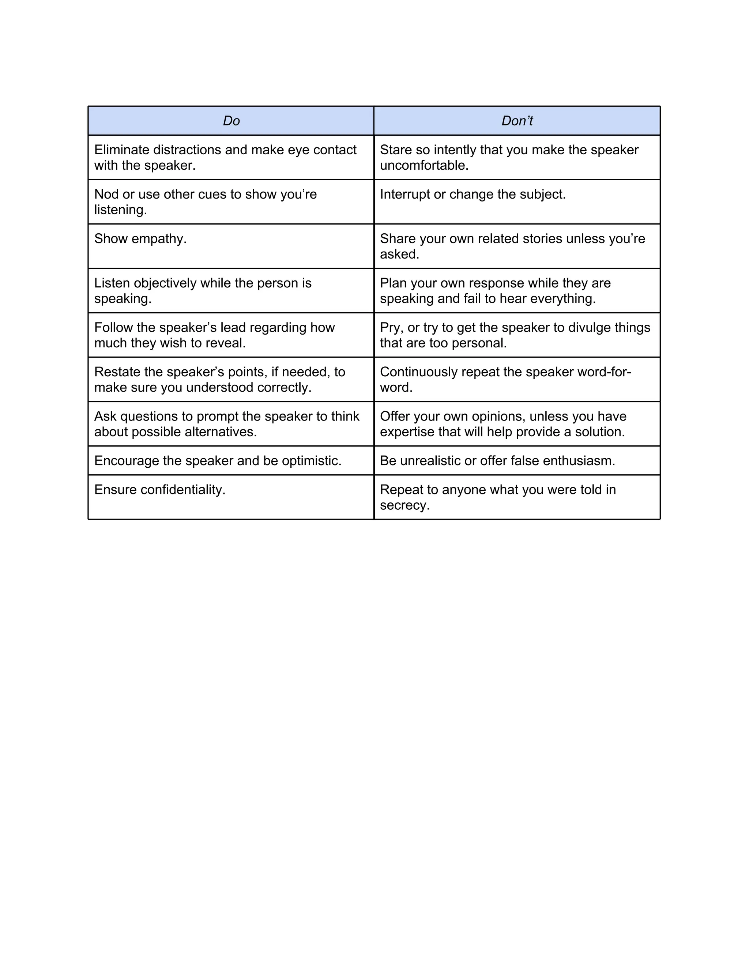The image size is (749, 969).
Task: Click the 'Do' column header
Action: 231,121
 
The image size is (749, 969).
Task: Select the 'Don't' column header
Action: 517,121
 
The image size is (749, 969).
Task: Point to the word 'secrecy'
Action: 403,505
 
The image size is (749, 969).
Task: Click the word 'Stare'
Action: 396,150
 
